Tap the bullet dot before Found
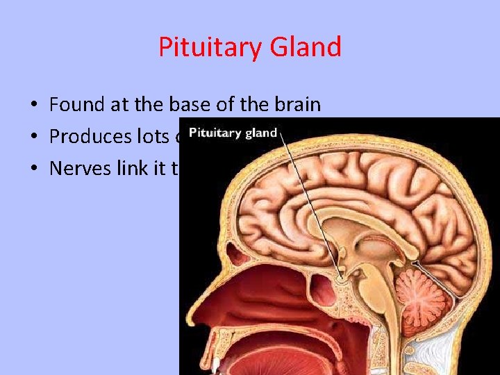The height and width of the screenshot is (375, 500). pos(33,106)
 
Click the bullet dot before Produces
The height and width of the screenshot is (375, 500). pos(33,137)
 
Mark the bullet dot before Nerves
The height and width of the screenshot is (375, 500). pos(33,168)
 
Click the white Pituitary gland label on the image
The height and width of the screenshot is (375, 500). pos(233,133)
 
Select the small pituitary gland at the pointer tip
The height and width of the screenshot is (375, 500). pos(340,278)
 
